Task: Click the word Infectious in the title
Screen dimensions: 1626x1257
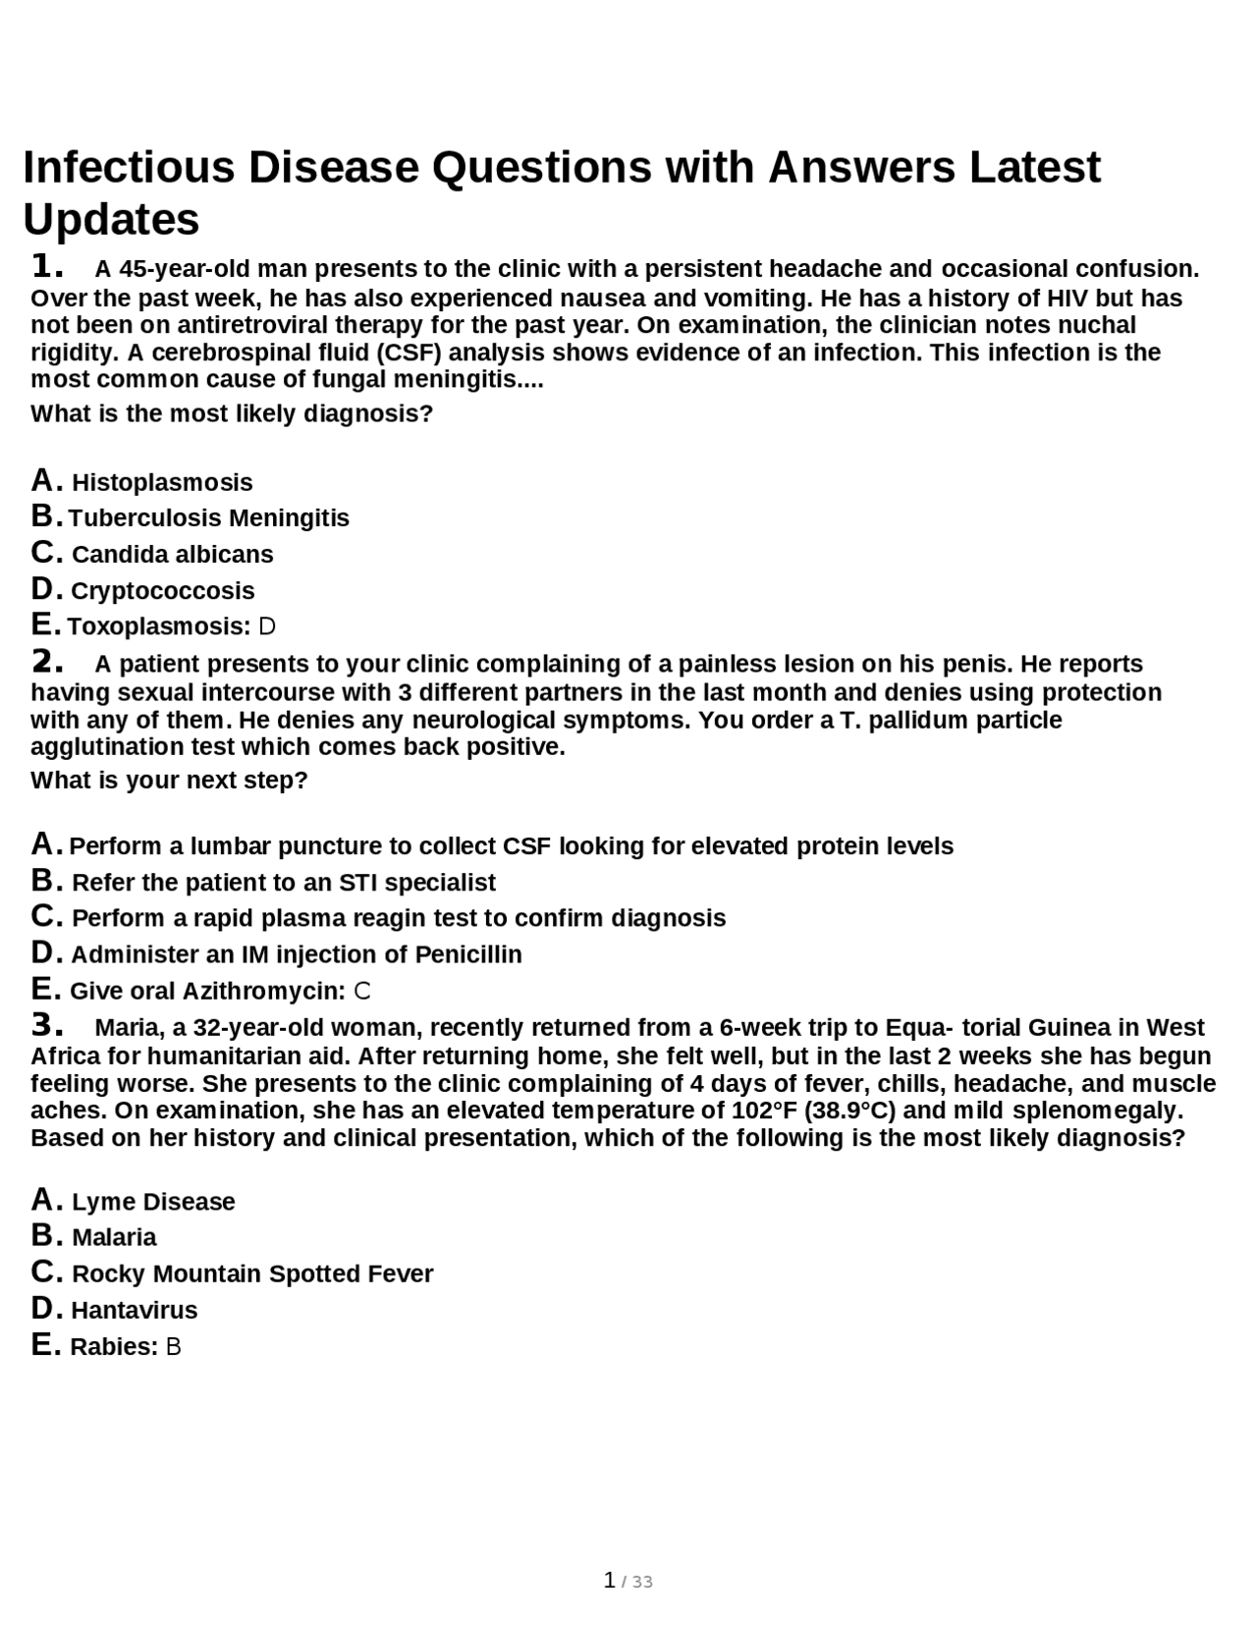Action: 129,167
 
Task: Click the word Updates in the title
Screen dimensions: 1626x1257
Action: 111,219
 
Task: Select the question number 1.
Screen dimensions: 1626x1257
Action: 47,267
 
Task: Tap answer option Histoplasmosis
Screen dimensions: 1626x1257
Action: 162,482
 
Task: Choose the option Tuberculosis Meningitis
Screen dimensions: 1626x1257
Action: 208,517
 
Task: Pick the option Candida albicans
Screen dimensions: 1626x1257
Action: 172,554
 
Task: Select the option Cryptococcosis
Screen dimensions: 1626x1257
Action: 162,590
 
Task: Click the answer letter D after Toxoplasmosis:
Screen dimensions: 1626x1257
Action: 267,626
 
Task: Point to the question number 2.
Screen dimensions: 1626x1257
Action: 47,663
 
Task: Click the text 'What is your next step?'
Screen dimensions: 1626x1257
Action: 169,781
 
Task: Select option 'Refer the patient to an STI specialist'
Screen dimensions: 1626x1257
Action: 283,882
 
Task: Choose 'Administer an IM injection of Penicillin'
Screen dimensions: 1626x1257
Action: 296,954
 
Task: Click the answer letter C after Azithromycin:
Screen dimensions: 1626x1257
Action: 362,991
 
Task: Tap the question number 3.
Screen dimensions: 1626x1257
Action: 47,1027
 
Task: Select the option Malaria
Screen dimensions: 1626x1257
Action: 114,1237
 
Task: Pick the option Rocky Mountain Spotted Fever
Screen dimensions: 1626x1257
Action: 251,1274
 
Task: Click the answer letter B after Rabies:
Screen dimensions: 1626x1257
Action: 174,1346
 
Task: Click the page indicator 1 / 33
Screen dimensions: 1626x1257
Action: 628,1581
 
